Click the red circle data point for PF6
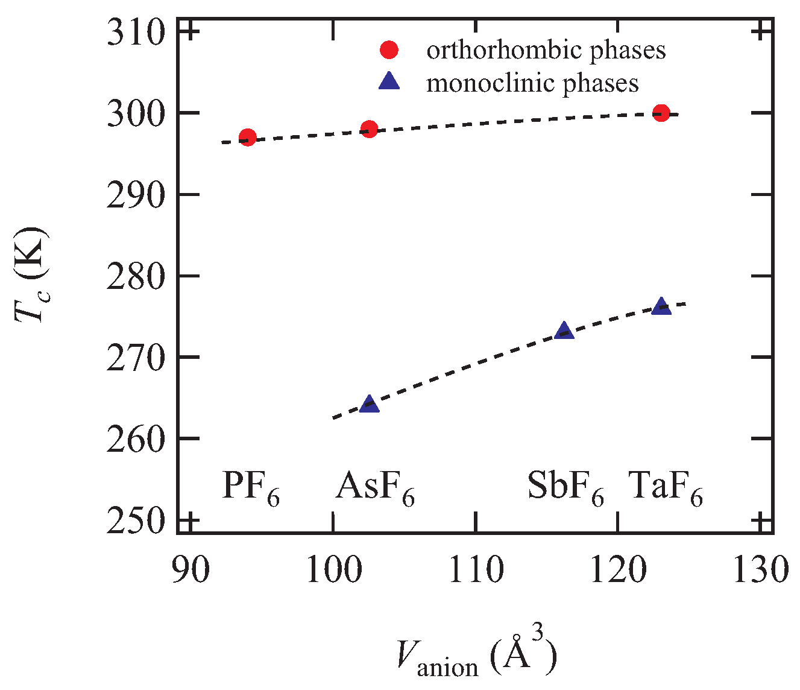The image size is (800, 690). [248, 138]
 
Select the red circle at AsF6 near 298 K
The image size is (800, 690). [369, 129]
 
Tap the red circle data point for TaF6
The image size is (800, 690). [661, 113]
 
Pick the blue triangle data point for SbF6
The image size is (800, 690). [564, 331]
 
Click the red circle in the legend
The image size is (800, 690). [389, 50]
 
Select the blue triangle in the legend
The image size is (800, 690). [389, 81]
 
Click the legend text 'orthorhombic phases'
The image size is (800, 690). [546, 50]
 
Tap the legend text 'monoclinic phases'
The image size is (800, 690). [532, 82]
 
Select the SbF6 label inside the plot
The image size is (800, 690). [565, 487]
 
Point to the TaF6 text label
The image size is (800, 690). [666, 487]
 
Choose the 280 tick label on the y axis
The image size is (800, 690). [136, 276]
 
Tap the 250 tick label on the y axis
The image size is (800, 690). [136, 520]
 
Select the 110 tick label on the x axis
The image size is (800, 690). [476, 569]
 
